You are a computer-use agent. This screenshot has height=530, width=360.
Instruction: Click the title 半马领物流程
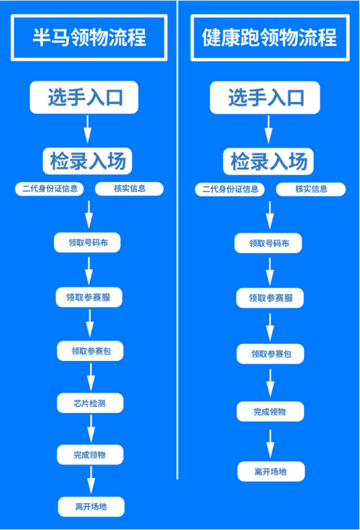pyautogui.click(x=89, y=38)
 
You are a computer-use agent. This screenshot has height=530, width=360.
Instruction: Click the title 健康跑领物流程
pyautogui.click(x=270, y=38)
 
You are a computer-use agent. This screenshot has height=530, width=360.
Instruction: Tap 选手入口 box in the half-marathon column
pyautogui.click(x=84, y=98)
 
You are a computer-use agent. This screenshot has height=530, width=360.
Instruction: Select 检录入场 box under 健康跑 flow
pyautogui.click(x=268, y=161)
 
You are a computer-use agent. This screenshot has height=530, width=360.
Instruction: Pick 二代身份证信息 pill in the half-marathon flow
pyautogui.click(x=49, y=189)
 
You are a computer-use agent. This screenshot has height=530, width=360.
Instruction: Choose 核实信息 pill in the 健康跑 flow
pyautogui.click(x=311, y=189)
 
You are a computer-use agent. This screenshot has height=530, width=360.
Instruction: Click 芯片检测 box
pyautogui.click(x=90, y=403)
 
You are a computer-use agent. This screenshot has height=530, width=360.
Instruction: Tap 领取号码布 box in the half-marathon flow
pyautogui.click(x=87, y=243)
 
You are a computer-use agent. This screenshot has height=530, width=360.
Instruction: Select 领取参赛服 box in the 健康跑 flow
pyautogui.click(x=270, y=298)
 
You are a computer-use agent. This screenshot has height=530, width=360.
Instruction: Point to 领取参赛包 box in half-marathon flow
pyautogui.click(x=90, y=351)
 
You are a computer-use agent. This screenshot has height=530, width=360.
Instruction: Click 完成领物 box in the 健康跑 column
pyautogui.click(x=270, y=412)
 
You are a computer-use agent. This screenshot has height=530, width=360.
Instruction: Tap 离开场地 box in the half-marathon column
pyautogui.click(x=91, y=507)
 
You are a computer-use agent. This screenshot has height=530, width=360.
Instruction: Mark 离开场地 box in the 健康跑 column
pyautogui.click(x=271, y=471)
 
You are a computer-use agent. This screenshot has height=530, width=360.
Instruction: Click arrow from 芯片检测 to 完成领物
pyautogui.click(x=91, y=429)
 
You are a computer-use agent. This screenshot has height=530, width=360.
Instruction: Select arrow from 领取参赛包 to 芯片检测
pyautogui.click(x=90, y=377)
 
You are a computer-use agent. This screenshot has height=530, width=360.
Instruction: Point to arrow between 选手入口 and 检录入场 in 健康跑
pyautogui.click(x=268, y=129)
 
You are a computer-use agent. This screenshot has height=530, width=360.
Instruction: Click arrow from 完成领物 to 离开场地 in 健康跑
pyautogui.click(x=270, y=444)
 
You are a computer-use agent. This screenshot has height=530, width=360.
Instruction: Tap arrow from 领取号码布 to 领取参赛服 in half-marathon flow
pyautogui.click(x=89, y=271)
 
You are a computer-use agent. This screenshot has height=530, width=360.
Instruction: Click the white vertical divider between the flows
pyautogui.click(x=177, y=240)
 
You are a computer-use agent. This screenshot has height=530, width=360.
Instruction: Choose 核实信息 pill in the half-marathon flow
pyautogui.click(x=129, y=189)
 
